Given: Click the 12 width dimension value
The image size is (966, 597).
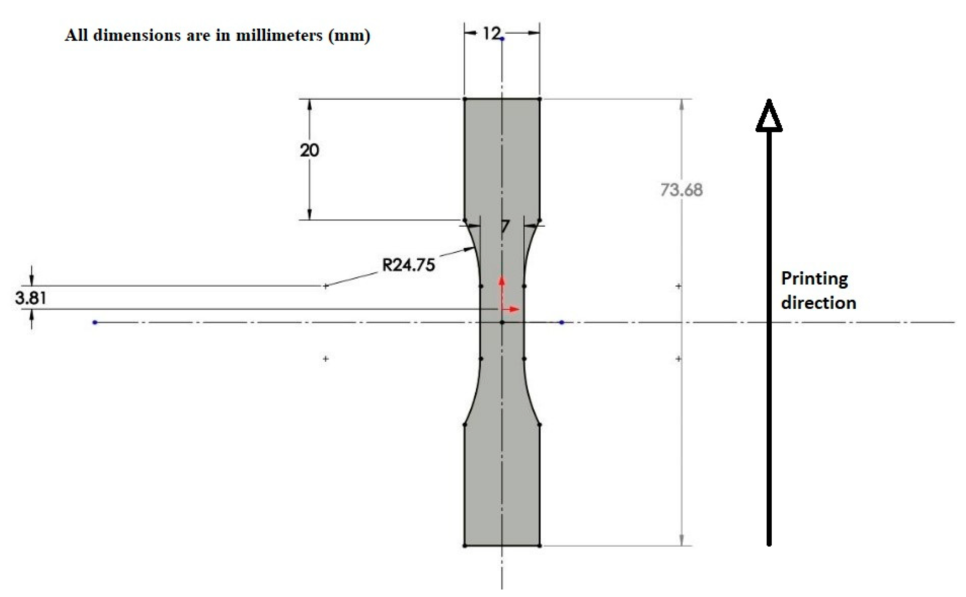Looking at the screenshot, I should coord(491,34).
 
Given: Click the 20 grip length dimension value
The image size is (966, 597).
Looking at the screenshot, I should coord(309,150).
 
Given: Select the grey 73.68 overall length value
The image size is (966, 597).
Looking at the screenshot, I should coord(681,190).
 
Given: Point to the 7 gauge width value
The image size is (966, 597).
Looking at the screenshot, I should coord(505,227).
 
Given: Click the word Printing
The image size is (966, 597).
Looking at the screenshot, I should coord(814,279).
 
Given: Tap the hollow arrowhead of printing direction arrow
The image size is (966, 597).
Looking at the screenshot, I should coord(768,116).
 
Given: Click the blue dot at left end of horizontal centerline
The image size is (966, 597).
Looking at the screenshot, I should coord(95,323).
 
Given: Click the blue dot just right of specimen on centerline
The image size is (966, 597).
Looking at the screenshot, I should coord(562,323).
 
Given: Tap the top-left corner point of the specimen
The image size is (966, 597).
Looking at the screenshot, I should coord(465,99).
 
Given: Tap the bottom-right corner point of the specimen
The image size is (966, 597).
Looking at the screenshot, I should coord(540,546).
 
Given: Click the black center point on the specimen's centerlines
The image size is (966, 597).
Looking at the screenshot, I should coord(502,323).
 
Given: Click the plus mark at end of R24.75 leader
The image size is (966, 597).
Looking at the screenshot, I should coord(326,286).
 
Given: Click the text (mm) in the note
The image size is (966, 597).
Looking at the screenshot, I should coord(349,35).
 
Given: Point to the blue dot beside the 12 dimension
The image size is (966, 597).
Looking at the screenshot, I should coord(502,39).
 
